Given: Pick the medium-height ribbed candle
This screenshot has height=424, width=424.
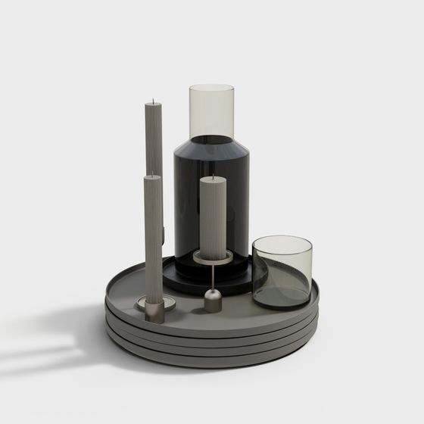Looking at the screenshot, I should (154, 235).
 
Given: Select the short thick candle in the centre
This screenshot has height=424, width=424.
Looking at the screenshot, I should (212, 216).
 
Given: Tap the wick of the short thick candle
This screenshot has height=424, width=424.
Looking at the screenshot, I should (213, 176).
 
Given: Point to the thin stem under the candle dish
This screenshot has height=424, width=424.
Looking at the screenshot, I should (213, 277).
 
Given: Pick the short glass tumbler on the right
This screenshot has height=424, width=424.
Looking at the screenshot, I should (282, 273).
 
